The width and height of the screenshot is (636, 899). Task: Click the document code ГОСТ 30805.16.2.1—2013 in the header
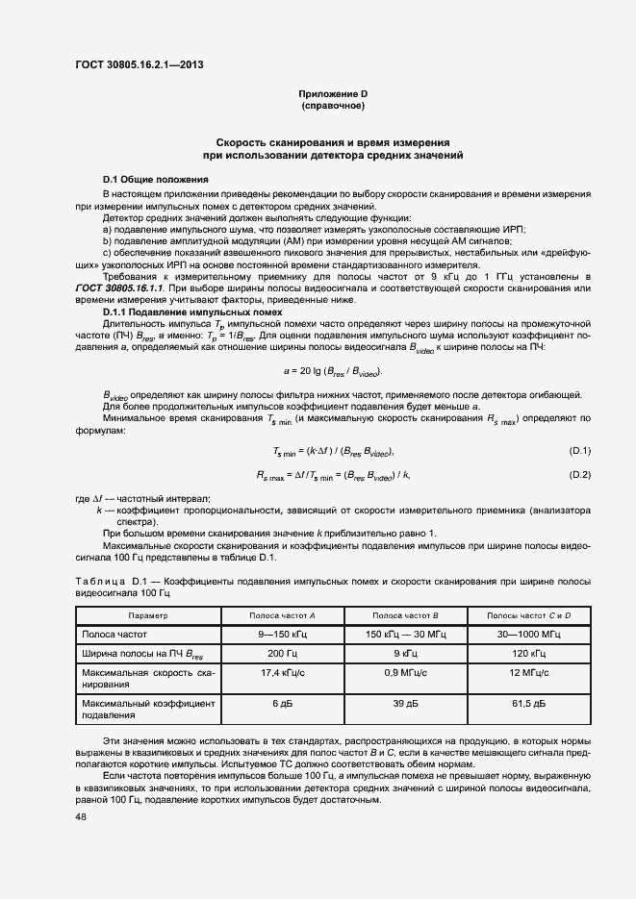[x=139, y=66]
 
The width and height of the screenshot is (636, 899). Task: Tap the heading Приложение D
[x=332, y=93]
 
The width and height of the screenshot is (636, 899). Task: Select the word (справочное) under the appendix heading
[x=332, y=105]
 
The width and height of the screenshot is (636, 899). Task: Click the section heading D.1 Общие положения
[x=155, y=180]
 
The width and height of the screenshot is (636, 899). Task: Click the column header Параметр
[x=148, y=615]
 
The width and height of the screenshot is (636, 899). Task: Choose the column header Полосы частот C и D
[x=528, y=615]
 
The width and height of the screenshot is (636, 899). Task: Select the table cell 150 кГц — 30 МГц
[x=405, y=636]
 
